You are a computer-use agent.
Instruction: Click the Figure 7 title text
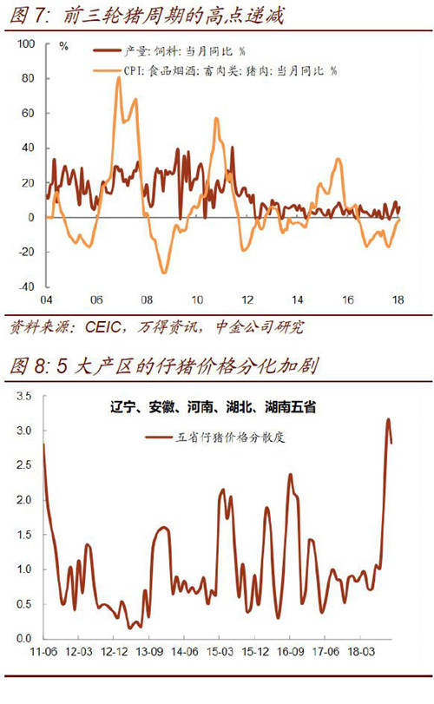(147, 16)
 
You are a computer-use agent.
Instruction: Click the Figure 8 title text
(164, 366)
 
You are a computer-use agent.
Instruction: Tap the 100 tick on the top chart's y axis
(26, 43)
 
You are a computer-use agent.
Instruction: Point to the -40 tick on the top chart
(26, 286)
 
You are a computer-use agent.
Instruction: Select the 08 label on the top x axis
(147, 299)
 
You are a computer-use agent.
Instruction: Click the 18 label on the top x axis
(398, 299)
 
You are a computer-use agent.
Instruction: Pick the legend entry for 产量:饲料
(169, 51)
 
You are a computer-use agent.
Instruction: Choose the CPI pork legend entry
(215, 70)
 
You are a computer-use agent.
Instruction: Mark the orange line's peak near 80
(119, 77)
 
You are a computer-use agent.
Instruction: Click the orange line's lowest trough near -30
(164, 272)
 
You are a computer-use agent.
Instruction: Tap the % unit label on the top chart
(63, 46)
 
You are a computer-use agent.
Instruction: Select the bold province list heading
(214, 407)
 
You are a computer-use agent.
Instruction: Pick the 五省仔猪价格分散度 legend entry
(215, 437)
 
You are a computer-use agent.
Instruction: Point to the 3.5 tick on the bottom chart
(23, 396)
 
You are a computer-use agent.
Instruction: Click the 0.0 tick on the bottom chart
(23, 638)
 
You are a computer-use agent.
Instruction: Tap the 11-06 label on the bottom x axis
(43, 651)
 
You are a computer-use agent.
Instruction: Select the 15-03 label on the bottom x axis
(220, 651)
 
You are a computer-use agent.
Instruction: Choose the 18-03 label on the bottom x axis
(361, 651)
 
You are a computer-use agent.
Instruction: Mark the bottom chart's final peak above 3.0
(388, 419)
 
